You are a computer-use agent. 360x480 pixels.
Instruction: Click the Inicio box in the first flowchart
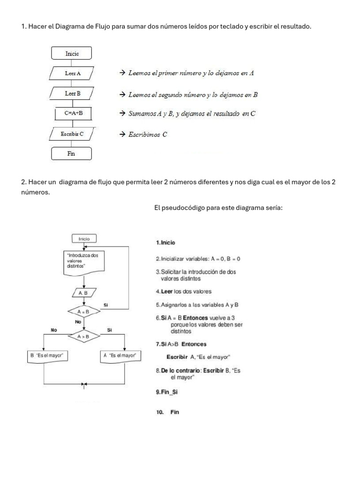click(72, 53)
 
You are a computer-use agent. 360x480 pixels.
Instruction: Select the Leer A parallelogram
click(73, 74)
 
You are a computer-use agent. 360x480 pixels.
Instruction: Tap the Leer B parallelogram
click(73, 94)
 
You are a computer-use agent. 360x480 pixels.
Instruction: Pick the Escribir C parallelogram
click(72, 134)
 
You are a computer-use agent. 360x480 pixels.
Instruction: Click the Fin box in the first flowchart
click(72, 153)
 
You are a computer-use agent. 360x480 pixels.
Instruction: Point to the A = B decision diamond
click(83, 311)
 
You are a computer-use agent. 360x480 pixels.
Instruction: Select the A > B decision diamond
click(83, 336)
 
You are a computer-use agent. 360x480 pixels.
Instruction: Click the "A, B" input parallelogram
click(84, 293)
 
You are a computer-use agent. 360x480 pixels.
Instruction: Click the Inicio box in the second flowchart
click(84, 239)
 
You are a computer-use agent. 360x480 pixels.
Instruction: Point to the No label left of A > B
click(54, 330)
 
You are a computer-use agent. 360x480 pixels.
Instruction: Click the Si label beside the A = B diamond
click(106, 305)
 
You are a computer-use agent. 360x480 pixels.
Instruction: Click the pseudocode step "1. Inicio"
click(165, 243)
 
